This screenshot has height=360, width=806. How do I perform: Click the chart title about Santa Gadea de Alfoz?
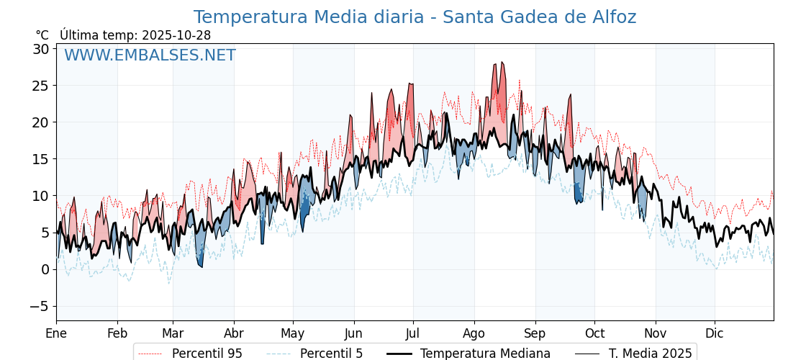pyautogui.click(x=415, y=17)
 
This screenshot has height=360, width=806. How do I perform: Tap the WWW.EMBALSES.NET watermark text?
pyautogui.click(x=150, y=55)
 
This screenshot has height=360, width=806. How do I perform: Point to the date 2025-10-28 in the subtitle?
pyautogui.click(x=176, y=35)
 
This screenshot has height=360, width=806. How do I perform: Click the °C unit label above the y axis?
pyautogui.click(x=42, y=35)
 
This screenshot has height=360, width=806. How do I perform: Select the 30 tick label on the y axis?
pyautogui.click(x=40, y=49)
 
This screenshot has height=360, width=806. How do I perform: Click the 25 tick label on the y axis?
pyautogui.click(x=40, y=86)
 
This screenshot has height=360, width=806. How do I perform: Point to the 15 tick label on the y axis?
pyautogui.click(x=40, y=159)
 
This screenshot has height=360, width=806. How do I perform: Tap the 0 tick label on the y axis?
pyautogui.click(x=45, y=269)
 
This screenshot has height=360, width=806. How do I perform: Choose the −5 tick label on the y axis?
pyautogui.click(x=39, y=306)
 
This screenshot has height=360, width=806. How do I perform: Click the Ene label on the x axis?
pyautogui.click(x=56, y=333)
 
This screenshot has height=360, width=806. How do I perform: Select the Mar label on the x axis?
pyautogui.click(x=173, y=333)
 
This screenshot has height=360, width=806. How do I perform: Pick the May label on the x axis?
pyautogui.click(x=293, y=333)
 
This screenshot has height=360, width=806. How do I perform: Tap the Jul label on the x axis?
pyautogui.click(x=413, y=333)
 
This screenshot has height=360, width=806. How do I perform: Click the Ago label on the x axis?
pyautogui.click(x=474, y=333)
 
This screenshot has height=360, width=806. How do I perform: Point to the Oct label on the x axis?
pyautogui.click(x=594, y=333)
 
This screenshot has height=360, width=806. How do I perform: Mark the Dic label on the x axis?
pyautogui.click(x=715, y=333)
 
